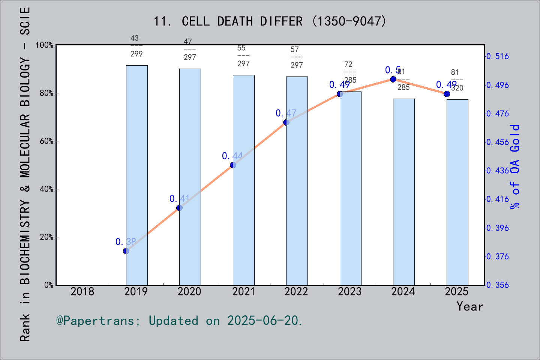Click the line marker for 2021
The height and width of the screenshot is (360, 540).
[x=233, y=165]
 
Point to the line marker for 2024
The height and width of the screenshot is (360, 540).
[x=393, y=79]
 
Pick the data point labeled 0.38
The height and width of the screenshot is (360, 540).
[x=126, y=251]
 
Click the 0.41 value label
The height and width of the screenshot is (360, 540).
[x=179, y=199]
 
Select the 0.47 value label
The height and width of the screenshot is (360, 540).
[x=286, y=113]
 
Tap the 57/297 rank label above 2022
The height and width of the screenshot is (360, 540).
[x=297, y=57]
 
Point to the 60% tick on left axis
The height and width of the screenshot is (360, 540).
[x=46, y=141]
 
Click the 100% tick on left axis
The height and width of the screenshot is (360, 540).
[x=45, y=45]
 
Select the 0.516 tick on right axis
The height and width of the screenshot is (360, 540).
[x=498, y=56]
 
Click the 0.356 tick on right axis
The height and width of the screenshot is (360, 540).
[x=498, y=285]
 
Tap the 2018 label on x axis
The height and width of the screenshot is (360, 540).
[x=82, y=291]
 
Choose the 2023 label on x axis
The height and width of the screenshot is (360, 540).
[x=350, y=291]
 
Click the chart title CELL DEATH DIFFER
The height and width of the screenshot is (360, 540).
[x=270, y=21]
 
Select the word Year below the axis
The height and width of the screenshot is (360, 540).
[x=469, y=306]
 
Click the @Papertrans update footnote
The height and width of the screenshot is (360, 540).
[x=179, y=321]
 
